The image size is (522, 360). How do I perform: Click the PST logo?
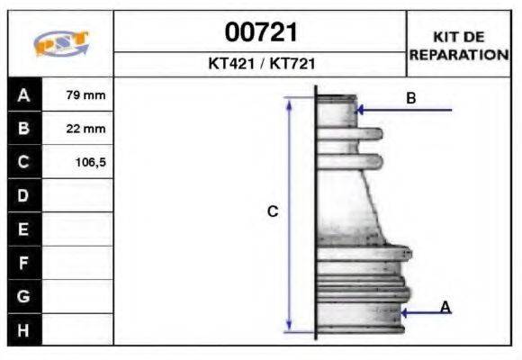point(61,43)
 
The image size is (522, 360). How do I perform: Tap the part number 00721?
point(261,32)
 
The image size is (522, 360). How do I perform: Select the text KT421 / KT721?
point(262,63)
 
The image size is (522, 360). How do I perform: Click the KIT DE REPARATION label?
point(459,46)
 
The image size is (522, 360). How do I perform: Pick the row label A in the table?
point(23,95)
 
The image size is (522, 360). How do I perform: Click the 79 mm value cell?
point(85,95)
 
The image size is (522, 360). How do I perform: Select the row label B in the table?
point(23,128)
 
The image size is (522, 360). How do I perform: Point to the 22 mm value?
point(85,129)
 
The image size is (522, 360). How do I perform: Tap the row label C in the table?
point(23,162)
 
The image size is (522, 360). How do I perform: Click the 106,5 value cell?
point(91,163)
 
